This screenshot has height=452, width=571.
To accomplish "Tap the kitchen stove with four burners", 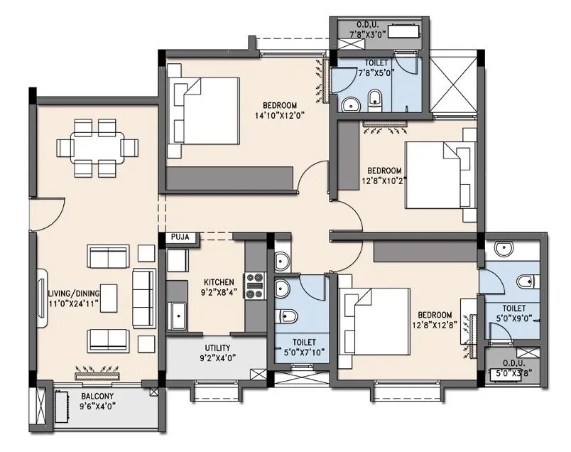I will [254, 285].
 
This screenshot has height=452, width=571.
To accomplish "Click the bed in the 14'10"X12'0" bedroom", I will [203, 117].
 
